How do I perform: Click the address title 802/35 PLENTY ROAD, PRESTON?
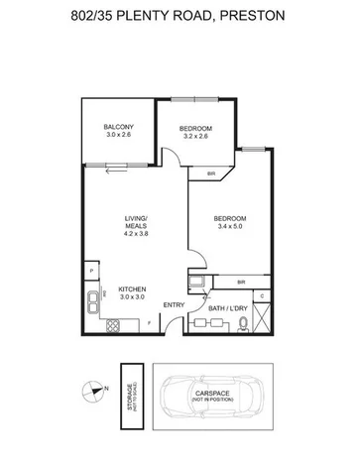(x=180, y=14)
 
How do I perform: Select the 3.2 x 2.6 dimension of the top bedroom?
(x=193, y=139)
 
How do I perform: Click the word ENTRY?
(x=173, y=304)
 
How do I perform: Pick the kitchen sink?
(x=103, y=294)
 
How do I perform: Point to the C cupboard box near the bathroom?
(x=260, y=293)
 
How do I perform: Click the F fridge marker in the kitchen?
(x=149, y=322)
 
